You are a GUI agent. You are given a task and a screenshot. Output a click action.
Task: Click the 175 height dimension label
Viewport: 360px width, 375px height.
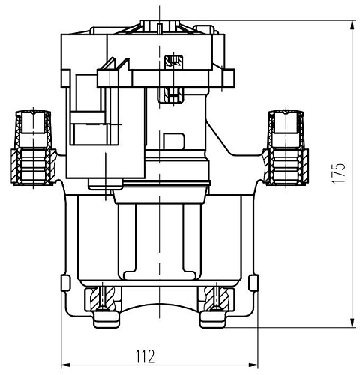click(x=339, y=174)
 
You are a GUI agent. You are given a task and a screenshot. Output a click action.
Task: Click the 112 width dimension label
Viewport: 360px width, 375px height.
click(x=145, y=356)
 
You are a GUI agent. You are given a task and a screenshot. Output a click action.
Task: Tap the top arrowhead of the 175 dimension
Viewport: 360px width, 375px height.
click(x=352, y=25)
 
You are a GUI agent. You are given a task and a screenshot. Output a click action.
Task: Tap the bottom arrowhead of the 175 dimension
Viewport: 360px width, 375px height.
click(x=352, y=322)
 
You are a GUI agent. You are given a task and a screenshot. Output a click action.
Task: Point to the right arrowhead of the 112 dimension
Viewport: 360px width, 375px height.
click(x=253, y=364)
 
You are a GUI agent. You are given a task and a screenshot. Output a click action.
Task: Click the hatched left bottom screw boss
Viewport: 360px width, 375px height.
click(x=103, y=298)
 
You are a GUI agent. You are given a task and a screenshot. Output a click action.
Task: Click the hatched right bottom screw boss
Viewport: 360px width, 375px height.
click(x=216, y=298)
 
